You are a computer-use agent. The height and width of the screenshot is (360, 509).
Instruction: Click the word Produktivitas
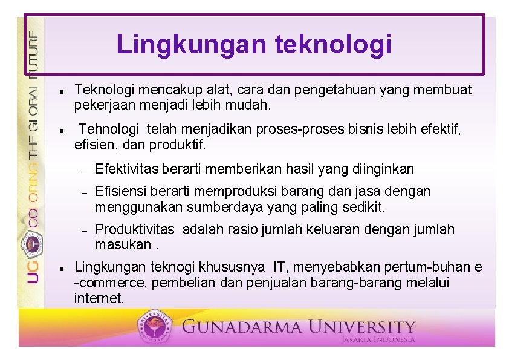(135, 230)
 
